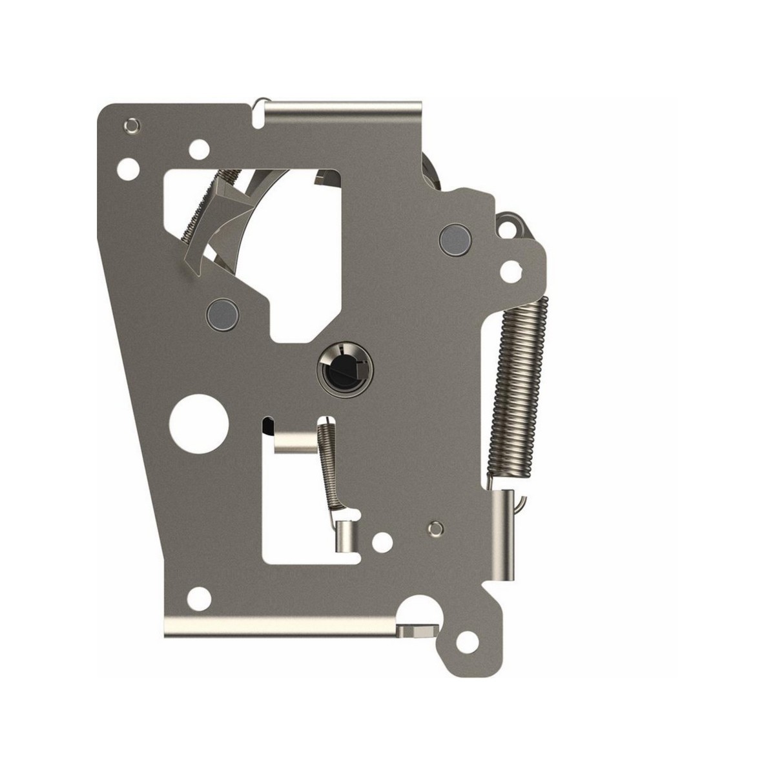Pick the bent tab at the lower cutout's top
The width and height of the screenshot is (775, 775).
coord(295,442)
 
